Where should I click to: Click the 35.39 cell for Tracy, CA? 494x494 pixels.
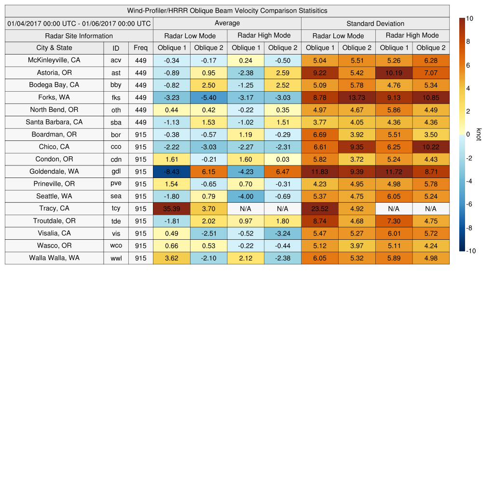tap(171, 208)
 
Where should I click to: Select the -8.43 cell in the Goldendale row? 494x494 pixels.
tap(171, 171)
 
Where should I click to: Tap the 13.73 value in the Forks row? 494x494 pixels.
tap(357, 97)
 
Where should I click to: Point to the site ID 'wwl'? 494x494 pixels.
tap(116, 258)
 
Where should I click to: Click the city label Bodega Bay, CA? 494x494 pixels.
tap(54, 85)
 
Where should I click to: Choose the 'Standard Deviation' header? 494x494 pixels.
tap(375, 24)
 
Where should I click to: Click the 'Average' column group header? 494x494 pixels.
tap(227, 23)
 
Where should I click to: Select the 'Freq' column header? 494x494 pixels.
tap(140, 48)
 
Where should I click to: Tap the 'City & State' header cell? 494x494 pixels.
tap(54, 48)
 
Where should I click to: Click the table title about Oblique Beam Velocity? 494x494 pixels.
tap(227, 11)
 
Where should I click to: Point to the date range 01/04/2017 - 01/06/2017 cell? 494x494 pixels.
tap(79, 23)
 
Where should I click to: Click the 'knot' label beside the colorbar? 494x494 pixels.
tap(479, 135)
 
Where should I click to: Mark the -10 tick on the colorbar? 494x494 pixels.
tap(471, 251)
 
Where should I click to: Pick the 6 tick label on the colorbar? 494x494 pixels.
tap(468, 65)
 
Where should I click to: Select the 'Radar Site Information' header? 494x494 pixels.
tap(79, 36)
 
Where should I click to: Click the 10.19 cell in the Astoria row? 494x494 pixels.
tap(394, 73)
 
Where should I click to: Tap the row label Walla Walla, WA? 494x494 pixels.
tap(54, 258)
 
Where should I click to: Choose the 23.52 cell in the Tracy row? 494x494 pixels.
tap(319, 208)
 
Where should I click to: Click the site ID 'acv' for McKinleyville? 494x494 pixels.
tap(116, 60)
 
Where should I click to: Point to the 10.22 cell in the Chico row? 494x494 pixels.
tap(431, 147)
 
